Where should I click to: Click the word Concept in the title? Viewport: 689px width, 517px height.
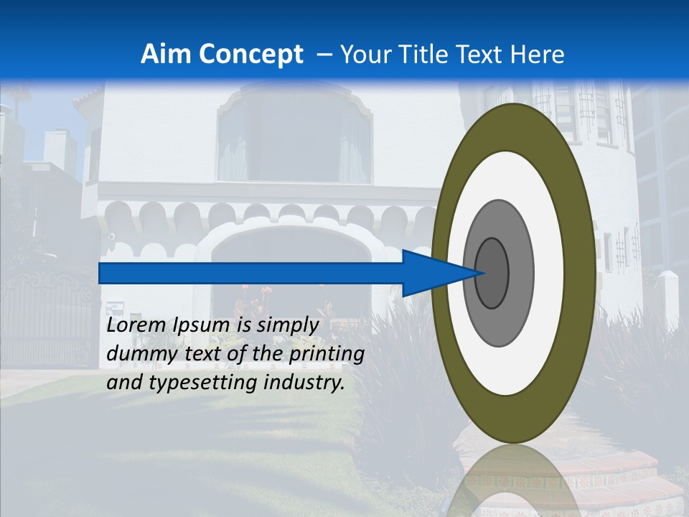(x=250, y=55)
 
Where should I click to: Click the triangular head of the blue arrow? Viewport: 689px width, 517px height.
(x=438, y=273)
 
